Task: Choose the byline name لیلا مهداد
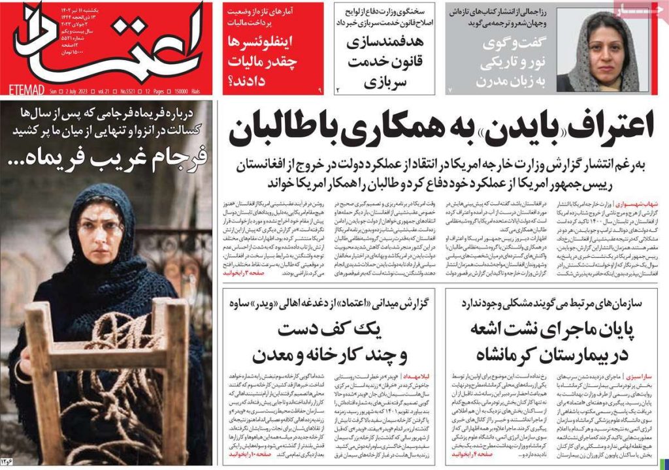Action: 419,378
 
